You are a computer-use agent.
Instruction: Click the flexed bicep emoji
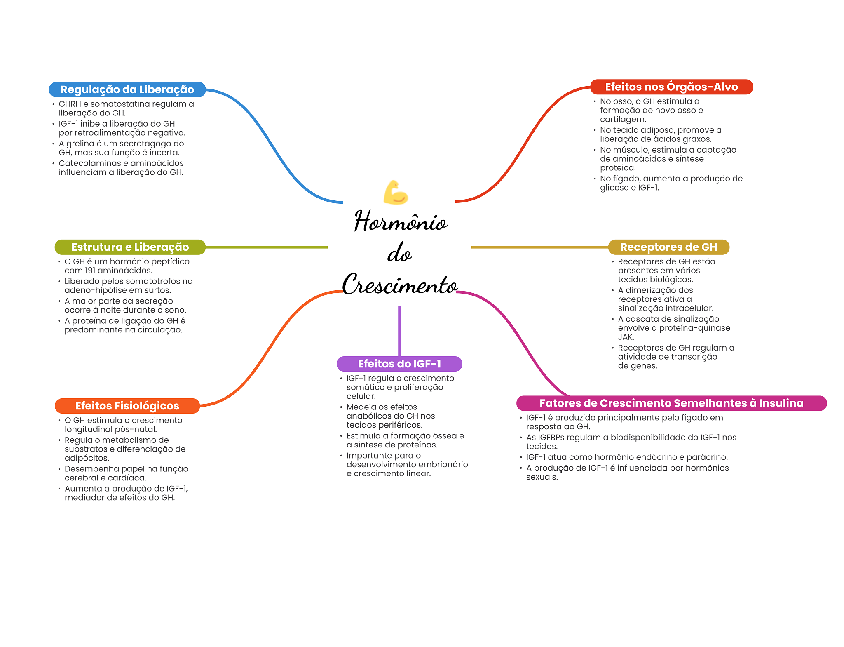click(x=396, y=192)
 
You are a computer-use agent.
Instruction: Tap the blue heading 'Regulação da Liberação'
click(x=127, y=89)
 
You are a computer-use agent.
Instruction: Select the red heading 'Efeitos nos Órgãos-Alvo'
click(x=671, y=87)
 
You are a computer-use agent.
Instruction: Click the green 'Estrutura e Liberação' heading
click(x=130, y=247)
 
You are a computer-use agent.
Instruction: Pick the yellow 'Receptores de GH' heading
click(x=668, y=247)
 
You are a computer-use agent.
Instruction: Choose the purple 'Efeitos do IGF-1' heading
click(x=399, y=364)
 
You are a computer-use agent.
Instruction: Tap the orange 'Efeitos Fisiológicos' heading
click(x=127, y=406)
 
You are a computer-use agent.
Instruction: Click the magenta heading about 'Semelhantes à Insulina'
click(x=671, y=403)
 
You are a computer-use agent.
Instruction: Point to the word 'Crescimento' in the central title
click(x=400, y=285)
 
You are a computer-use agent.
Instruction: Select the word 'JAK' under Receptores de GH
click(x=626, y=337)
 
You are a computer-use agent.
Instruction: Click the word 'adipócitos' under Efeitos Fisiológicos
click(x=87, y=458)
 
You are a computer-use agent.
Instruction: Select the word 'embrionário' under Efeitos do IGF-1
click(x=443, y=465)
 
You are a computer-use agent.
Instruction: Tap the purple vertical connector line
click(x=399, y=330)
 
